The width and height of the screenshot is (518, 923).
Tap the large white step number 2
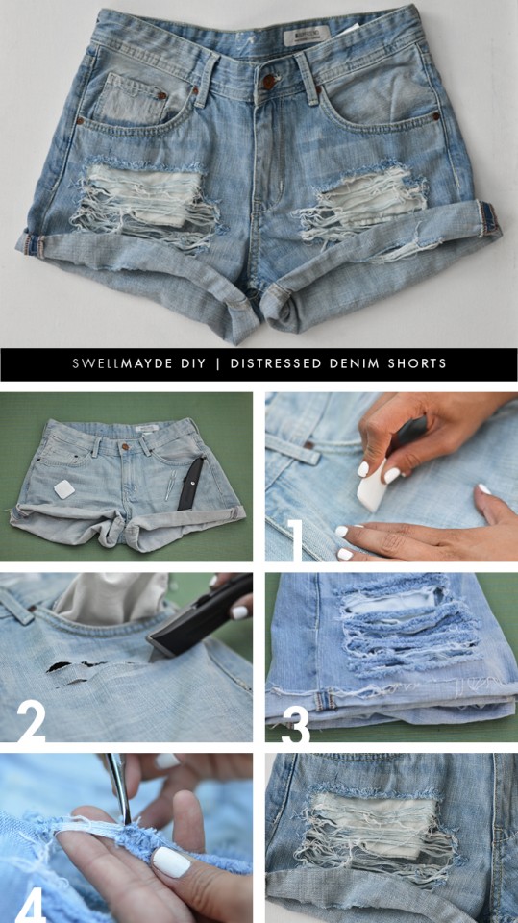point(31,722)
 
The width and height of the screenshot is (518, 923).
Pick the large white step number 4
point(30,903)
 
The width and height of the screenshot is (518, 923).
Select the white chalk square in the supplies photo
point(64,489)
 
